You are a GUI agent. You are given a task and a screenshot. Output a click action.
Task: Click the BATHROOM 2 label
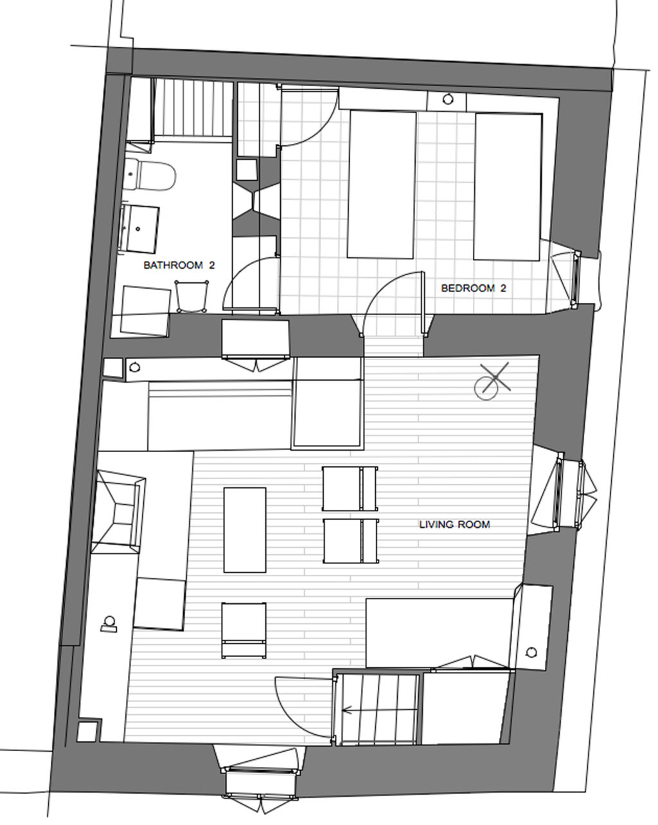click(x=178, y=265)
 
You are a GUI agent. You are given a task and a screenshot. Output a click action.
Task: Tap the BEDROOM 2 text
click(x=474, y=288)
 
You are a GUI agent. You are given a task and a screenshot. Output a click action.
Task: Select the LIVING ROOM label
click(x=454, y=525)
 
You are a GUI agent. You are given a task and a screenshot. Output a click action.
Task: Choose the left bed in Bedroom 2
click(x=381, y=185)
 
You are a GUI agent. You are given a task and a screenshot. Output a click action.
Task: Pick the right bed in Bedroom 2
click(x=508, y=186)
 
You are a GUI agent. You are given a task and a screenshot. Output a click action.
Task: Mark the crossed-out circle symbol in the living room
click(x=490, y=382)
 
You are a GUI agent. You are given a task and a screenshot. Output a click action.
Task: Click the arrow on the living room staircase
click(x=350, y=711)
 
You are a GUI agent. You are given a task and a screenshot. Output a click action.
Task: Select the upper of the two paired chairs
click(x=349, y=489)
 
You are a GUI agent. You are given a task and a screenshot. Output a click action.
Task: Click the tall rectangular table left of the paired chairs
click(x=245, y=530)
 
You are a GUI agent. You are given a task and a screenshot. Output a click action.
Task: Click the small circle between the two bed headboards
click(x=448, y=100)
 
